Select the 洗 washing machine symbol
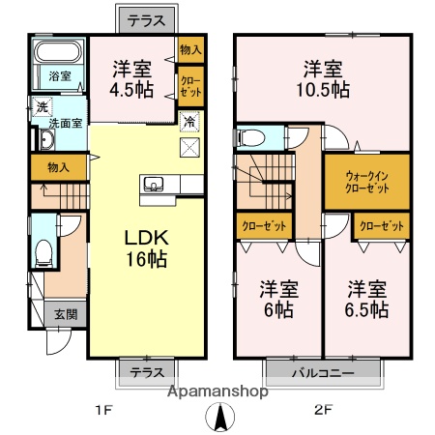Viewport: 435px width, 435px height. [x=42, y=107]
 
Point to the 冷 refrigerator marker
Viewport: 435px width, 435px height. [x=190, y=122]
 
